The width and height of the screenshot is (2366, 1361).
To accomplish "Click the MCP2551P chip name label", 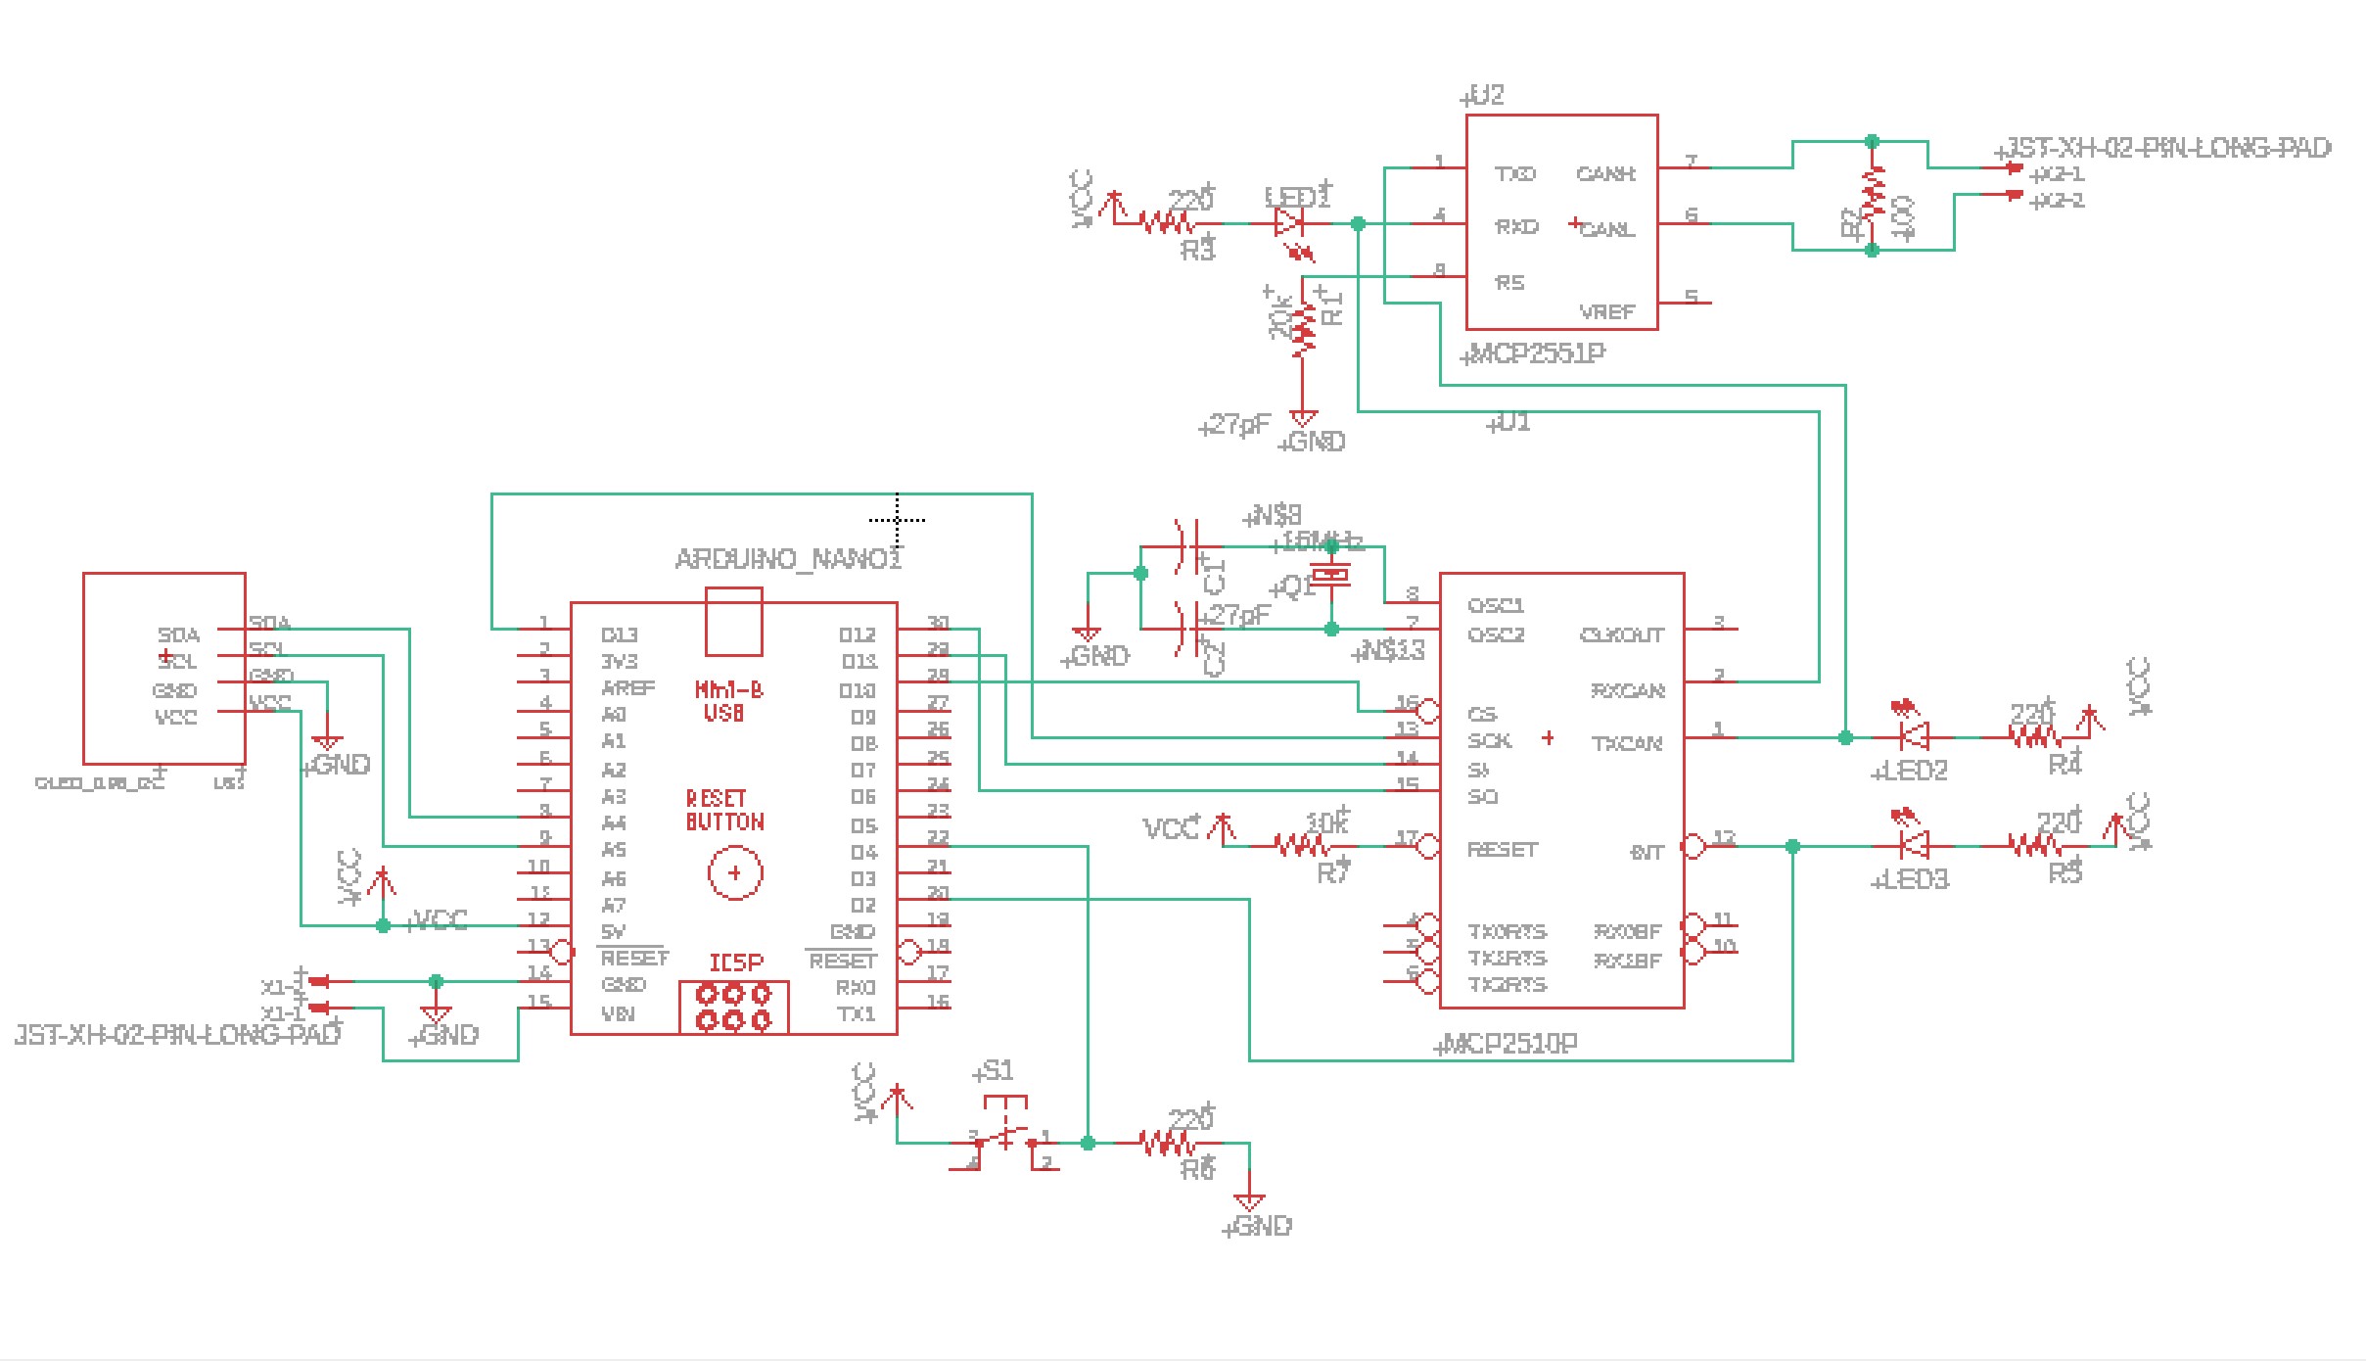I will point(1535,353).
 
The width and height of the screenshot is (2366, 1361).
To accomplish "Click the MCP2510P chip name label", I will point(1508,1044).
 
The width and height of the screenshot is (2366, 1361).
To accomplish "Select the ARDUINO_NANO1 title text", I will point(787,559).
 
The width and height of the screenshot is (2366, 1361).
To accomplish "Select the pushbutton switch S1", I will point(1006,1136).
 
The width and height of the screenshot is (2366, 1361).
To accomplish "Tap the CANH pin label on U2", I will point(1605,174).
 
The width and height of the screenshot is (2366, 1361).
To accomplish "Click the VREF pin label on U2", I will point(1606,312).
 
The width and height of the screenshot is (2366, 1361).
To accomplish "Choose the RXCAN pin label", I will point(1627,691).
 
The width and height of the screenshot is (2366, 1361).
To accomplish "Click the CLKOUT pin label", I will point(1622,635).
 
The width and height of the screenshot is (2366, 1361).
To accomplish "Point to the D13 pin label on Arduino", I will point(620,635).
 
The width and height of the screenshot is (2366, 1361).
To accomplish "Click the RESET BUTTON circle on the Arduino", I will point(734,873).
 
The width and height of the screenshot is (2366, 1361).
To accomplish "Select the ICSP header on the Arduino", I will point(734,1008).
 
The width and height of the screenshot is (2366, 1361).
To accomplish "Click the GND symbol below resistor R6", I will point(1249,1202).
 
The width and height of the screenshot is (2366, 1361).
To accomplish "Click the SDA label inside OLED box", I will point(178,635).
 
